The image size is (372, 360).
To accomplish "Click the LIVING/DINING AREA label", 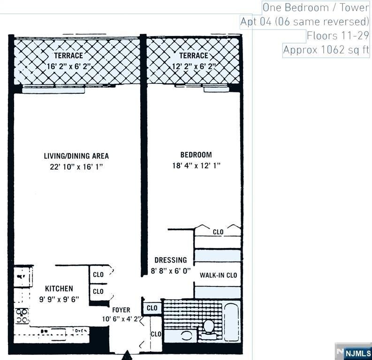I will (76, 156).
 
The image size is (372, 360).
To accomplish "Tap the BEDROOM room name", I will (196, 155).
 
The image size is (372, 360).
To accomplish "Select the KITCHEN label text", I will (59, 288).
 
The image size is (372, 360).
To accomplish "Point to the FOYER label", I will (121, 310).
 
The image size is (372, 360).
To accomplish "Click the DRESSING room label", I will (171, 260).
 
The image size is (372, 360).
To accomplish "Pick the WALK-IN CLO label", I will (218, 275).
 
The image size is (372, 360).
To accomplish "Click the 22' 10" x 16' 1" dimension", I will (76, 167).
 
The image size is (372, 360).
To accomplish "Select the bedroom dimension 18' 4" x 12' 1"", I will (196, 165).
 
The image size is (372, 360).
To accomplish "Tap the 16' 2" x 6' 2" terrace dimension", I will (68, 67).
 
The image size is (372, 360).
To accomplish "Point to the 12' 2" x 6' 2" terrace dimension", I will (193, 67).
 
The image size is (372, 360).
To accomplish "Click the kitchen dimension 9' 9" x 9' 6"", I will (59, 299).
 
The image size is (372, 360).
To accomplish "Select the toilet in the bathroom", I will (209, 326).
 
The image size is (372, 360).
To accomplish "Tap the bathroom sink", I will (186, 336).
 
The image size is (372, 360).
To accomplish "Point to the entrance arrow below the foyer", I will (127, 356).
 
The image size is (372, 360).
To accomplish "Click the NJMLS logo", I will (357, 353).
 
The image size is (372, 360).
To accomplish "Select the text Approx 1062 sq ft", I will (326, 50).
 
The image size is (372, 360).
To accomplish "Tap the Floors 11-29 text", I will (338, 36).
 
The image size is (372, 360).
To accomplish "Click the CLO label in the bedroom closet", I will (218, 232).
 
